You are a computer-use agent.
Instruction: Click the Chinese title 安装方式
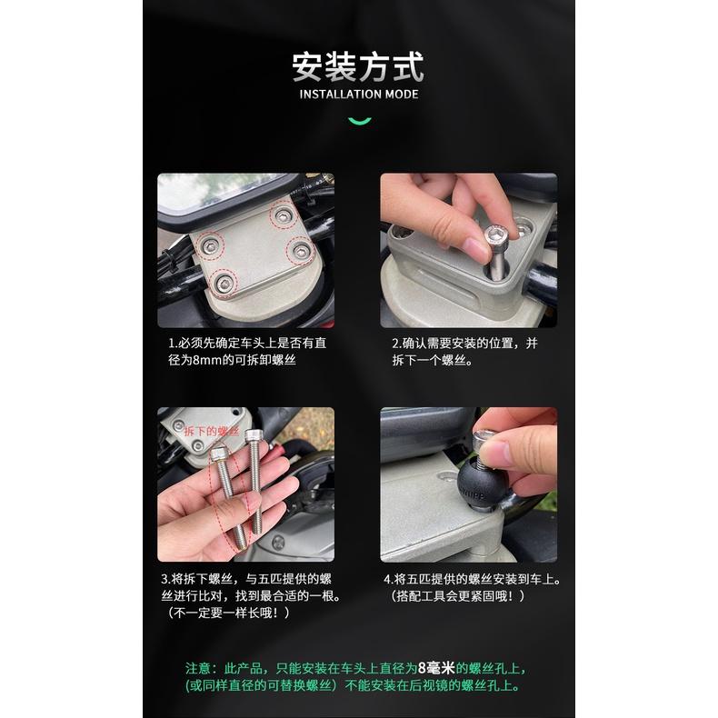[358, 67]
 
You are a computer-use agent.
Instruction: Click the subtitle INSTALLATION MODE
[358, 94]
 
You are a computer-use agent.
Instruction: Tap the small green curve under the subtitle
[359, 120]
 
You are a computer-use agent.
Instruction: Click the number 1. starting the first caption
[173, 344]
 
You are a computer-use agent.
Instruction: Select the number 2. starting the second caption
[396, 344]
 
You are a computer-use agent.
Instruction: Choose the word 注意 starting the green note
[198, 668]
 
